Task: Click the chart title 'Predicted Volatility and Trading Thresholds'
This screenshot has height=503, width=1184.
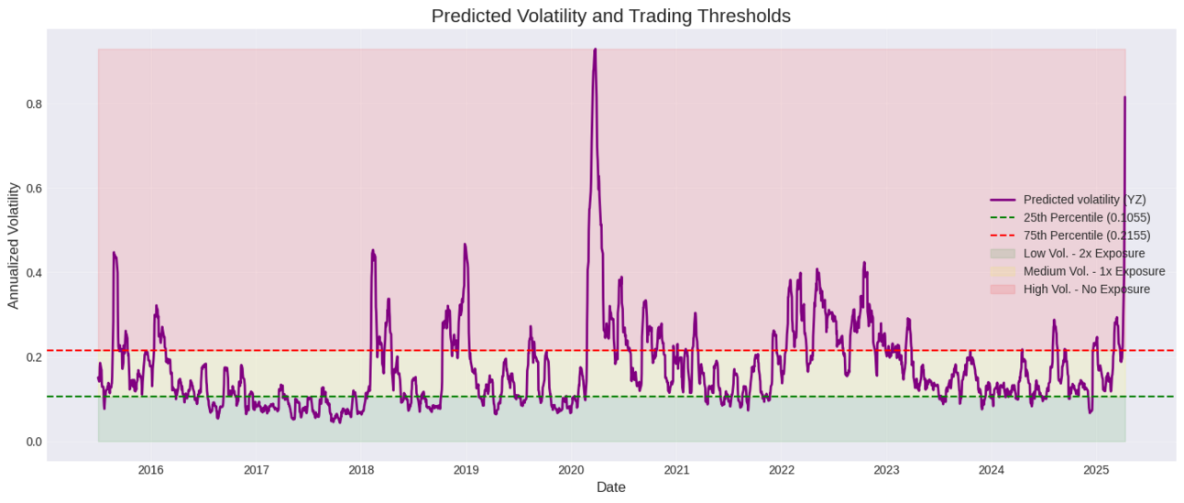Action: coord(610,16)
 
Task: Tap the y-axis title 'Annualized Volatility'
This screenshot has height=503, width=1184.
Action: coord(13,245)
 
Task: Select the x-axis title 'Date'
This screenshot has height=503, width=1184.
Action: coord(610,488)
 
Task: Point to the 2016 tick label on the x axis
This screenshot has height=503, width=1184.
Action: coord(150,470)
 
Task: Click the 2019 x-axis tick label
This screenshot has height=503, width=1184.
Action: coord(466,470)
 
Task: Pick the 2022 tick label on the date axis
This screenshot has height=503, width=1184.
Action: coord(781,470)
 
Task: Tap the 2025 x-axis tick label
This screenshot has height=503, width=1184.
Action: coord(1096,470)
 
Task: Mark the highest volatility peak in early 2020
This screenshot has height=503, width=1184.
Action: coord(595,49)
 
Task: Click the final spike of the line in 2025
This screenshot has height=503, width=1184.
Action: coord(1124,97)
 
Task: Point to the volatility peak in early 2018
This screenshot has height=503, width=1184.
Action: coord(372,250)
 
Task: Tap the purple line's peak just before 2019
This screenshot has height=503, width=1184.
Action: coord(465,245)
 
